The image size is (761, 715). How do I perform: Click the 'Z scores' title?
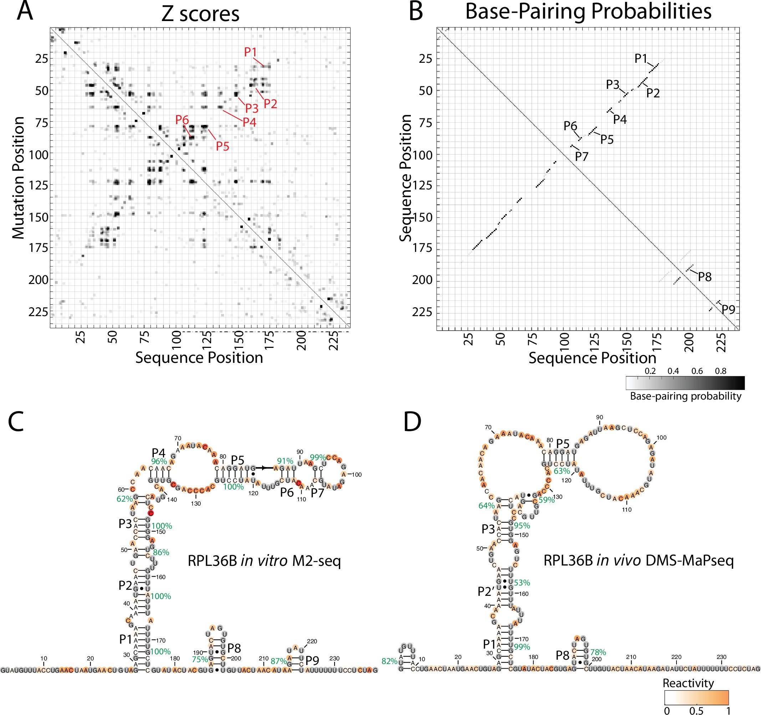200,14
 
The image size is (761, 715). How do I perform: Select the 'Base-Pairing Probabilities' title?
588,11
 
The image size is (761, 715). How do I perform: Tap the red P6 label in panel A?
182,120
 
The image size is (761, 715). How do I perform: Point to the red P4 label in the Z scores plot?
249,122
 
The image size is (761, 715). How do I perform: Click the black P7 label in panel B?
582,157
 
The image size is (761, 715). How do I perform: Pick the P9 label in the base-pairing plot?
729,309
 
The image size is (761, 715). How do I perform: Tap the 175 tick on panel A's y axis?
38,248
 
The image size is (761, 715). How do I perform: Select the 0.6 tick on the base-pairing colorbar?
697,371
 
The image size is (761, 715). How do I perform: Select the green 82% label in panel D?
389,661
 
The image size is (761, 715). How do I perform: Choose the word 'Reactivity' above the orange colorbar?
688,683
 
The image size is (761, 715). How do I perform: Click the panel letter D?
412,422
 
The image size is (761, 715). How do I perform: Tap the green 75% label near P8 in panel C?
199,659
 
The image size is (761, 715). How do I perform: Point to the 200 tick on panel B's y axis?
422,280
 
